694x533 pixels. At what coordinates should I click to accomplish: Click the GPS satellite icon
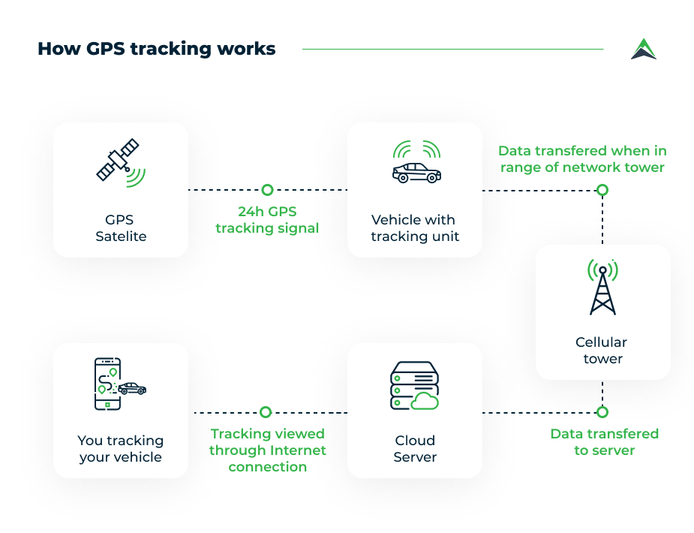click(x=120, y=162)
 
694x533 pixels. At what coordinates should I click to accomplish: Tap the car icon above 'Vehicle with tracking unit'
click(x=416, y=172)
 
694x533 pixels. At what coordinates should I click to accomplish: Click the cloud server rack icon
click(x=414, y=386)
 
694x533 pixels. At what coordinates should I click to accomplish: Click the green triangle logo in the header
click(x=643, y=49)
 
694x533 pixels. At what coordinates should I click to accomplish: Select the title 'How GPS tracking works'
click(x=157, y=49)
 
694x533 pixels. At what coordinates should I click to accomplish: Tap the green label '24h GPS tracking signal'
click(x=267, y=219)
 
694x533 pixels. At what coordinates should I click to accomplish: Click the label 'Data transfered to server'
click(x=604, y=442)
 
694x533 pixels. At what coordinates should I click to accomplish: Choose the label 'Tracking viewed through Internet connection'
click(x=267, y=450)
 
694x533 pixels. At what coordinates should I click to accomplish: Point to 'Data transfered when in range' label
click(x=582, y=159)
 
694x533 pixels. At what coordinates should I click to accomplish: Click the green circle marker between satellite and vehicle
click(x=267, y=190)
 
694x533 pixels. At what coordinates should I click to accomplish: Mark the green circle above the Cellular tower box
click(x=602, y=190)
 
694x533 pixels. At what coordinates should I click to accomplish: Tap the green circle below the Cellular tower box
click(x=602, y=412)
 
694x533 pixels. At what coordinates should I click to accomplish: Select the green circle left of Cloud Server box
click(x=265, y=412)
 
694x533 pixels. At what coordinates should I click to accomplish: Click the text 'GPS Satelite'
click(x=121, y=228)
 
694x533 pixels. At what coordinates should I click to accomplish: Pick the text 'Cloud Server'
click(x=415, y=448)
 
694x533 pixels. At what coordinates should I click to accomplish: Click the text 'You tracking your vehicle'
click(x=120, y=448)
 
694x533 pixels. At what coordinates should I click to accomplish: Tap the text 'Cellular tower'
click(x=602, y=351)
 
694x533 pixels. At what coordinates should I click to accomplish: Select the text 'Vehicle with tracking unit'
click(x=414, y=228)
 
